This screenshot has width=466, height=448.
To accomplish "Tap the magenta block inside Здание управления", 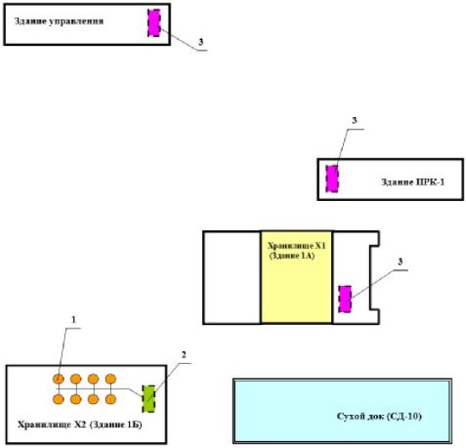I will (154, 23).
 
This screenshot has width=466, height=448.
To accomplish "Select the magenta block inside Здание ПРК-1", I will (332, 179).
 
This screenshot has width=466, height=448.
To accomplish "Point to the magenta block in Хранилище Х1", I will (345, 299).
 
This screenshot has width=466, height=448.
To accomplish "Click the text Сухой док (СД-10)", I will (379, 417).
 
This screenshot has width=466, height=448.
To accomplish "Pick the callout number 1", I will (74, 320).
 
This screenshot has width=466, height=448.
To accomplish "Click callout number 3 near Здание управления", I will (200, 41).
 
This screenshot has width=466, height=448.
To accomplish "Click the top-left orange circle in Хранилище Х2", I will (59, 379).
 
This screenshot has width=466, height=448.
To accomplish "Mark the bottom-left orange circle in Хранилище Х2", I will (59, 399).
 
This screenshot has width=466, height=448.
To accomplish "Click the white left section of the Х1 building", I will (232, 277).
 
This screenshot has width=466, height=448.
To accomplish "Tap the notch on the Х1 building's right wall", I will (375, 277).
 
